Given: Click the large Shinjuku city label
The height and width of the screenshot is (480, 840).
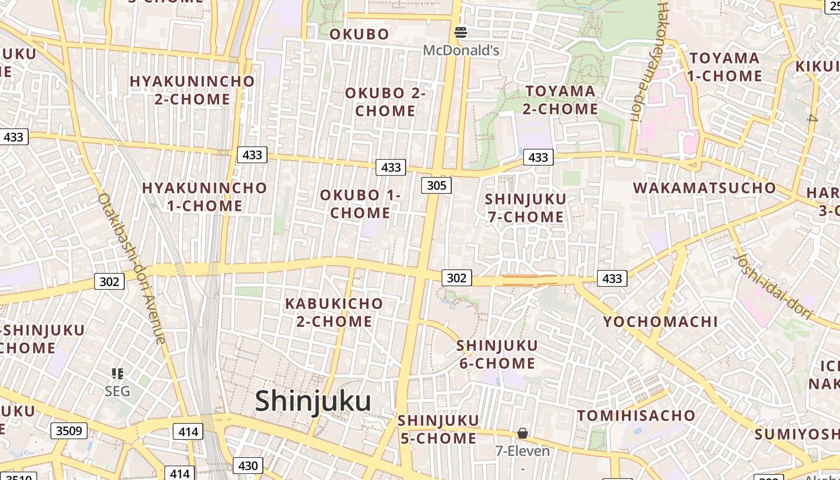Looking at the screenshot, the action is tap(313, 401).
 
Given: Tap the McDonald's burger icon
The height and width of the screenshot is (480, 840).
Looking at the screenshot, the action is tap(461, 32).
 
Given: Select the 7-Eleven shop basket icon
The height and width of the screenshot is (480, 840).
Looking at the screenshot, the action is tap(523, 433).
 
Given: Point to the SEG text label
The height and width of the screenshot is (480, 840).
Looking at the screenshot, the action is tap(117, 392).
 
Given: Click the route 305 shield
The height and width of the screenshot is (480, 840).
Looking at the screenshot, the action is tap(436, 185).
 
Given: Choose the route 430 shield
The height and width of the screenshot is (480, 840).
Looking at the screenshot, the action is tap(248, 466).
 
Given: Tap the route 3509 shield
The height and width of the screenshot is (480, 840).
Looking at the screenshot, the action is tap(70, 430).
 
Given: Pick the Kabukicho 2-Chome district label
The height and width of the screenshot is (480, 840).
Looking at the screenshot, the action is tap(334, 312).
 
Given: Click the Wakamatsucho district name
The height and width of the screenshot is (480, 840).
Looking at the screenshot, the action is tap(704, 188).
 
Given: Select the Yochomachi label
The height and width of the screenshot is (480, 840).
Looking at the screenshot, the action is tap(660, 322).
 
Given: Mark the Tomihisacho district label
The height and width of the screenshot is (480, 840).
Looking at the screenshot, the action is tap(636, 415).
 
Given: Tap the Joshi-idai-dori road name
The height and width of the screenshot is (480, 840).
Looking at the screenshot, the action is tap(773, 286).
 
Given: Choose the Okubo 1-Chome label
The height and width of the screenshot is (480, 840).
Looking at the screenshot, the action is tap(360, 204).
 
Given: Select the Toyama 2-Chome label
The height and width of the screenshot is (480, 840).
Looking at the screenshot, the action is tap(560, 100).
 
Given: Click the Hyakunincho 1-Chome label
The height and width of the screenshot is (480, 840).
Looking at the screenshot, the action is tap(205, 197).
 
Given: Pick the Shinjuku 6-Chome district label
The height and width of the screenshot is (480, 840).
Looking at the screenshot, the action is tap(497, 354).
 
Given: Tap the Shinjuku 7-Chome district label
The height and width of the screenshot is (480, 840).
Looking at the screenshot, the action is tap(526, 208).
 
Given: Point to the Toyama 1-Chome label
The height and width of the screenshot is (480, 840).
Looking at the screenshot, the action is tap(725, 67).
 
